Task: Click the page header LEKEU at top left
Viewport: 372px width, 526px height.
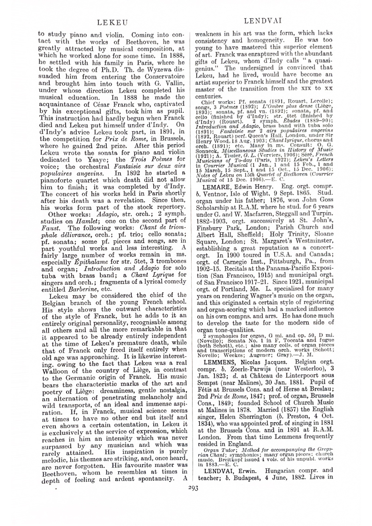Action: click(109, 22)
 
